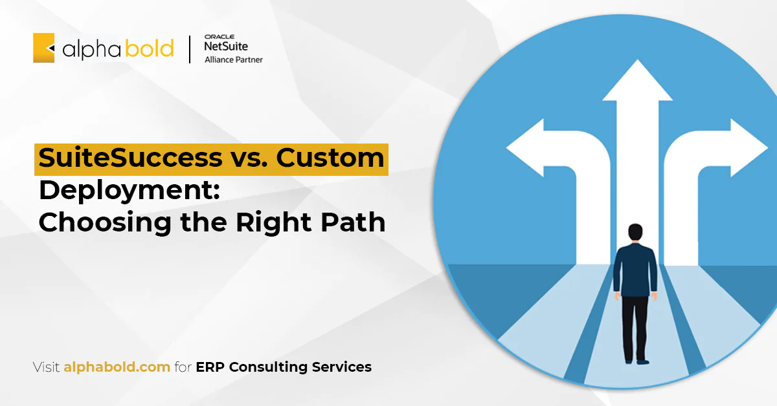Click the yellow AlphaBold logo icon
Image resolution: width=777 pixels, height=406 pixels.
pos(44,48)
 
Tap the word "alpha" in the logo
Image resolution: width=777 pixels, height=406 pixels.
pos(91,49)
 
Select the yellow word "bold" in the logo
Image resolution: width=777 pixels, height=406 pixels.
pos(149,48)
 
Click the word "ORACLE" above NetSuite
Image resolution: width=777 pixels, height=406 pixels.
pos(220,37)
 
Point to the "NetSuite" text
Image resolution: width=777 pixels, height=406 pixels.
pos(226,46)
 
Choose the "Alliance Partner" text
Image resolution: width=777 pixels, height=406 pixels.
pos(234,59)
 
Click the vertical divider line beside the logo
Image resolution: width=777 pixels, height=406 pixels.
pos(190,49)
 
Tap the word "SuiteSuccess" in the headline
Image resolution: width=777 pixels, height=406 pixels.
pos(130,158)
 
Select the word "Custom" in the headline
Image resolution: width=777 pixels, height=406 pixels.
pos(330,158)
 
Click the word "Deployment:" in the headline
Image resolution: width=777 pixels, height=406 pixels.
pos(129,191)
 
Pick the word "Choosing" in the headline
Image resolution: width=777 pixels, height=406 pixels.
pos(105,223)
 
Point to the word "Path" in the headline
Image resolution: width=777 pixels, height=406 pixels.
pos(353,222)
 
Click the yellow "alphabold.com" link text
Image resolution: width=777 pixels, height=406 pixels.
pos(117,367)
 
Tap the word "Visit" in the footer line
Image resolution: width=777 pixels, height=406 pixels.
pos(46,367)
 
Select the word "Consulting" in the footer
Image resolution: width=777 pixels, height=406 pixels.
pos(268,367)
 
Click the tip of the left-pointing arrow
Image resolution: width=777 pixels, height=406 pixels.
pos(507,148)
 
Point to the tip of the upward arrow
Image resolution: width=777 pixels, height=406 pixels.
pos(637,60)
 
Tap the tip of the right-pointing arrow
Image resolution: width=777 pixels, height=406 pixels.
pos(767,148)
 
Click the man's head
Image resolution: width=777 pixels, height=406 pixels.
pos(635,231)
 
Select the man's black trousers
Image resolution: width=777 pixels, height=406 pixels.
pos(635,328)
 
